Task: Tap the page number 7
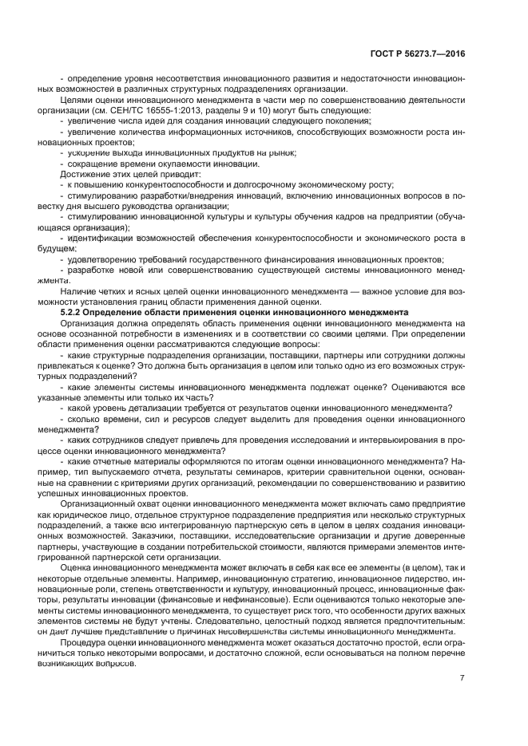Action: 462,678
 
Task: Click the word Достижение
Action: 85,173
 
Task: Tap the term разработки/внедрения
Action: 185,194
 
